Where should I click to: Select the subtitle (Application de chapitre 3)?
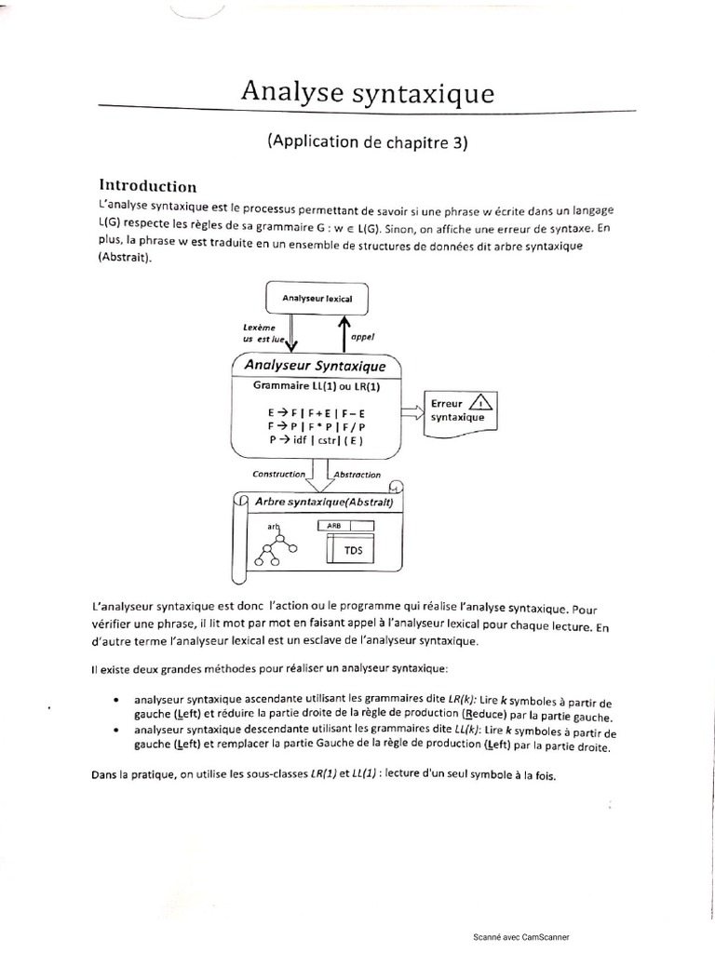[x=366, y=142]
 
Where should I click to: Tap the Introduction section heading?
[x=148, y=185]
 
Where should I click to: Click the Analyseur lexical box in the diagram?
[x=317, y=298]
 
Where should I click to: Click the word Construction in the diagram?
[x=279, y=474]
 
